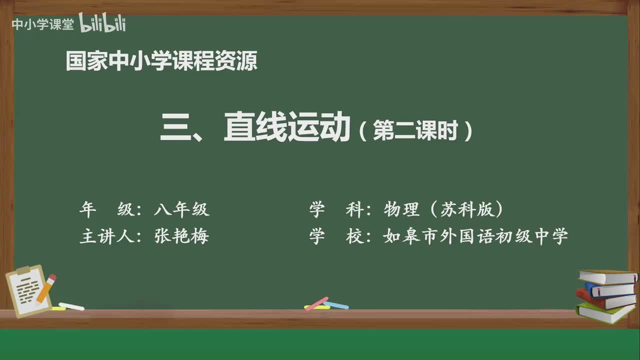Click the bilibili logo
[102, 22]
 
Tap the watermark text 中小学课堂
[43, 24]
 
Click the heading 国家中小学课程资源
[161, 60]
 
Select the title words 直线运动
[287, 126]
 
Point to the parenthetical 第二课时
[415, 130]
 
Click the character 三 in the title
[175, 127]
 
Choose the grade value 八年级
[181, 209]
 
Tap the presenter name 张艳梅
[181, 236]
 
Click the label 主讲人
[107, 236]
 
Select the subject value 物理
[401, 209]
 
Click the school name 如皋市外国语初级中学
[475, 236]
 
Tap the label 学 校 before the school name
[336, 236]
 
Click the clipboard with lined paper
[28, 290]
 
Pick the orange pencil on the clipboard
[45, 289]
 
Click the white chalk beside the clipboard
[71, 306]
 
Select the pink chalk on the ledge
[316, 303]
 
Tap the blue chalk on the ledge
[336, 305]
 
